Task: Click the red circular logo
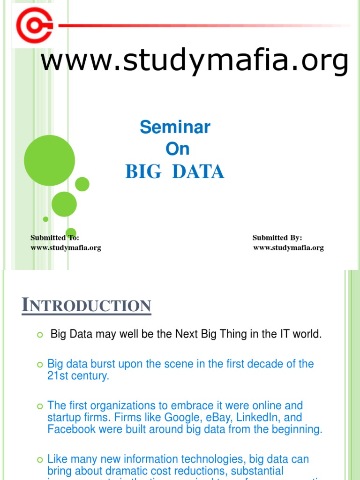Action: coord(34,25)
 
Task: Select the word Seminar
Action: coord(175,127)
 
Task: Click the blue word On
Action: coord(178,149)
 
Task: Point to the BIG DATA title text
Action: coord(175,172)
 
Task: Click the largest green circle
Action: coord(49,160)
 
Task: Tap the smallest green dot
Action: coord(45,219)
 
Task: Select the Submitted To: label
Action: coord(55,238)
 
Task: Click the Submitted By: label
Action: coord(277,238)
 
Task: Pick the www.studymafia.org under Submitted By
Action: coord(288,248)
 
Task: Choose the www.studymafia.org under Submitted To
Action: coord(66,248)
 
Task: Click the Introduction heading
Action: coord(87,306)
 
